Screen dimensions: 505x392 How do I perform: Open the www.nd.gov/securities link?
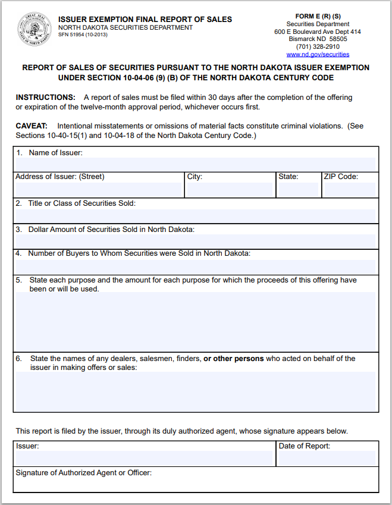point(318,54)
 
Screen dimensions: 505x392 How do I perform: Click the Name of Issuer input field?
point(196,164)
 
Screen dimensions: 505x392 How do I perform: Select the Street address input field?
point(99,190)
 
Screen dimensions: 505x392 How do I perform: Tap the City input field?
point(229,190)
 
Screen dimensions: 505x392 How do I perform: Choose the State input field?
point(298,190)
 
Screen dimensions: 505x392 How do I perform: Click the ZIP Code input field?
point(349,190)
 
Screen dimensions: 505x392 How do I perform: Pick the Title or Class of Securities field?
point(196,216)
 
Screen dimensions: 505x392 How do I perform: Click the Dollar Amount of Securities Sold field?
point(196,241)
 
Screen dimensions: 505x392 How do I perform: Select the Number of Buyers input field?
point(196,266)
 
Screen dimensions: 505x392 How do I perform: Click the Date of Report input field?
point(327,457)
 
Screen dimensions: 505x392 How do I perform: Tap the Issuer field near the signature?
point(144,457)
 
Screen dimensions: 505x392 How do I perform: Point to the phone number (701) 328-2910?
point(318,46)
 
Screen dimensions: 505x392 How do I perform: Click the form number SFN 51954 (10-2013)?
point(83,35)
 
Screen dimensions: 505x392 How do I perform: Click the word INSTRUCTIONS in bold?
point(46,98)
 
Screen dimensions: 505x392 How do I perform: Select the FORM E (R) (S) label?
point(318,15)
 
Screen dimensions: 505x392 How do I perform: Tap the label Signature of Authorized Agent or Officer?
point(84,473)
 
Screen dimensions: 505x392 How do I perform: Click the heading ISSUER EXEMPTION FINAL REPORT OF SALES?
point(145,19)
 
